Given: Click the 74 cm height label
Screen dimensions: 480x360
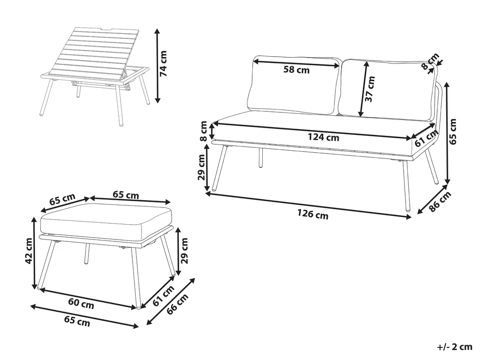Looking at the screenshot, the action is click(163, 63).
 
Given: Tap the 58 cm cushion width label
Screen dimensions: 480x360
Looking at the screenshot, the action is click(296, 70).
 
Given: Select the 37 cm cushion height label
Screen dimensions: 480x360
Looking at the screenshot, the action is click(370, 89).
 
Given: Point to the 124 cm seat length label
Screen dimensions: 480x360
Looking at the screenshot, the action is click(323, 137).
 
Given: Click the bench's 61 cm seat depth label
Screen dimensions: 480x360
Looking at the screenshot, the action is click(427, 138).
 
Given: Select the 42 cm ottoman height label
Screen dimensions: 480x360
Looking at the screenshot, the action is click(28, 250).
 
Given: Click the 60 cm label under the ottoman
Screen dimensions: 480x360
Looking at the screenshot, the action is click(81, 304).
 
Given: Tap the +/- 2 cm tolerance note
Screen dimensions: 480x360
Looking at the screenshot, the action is click(455, 347).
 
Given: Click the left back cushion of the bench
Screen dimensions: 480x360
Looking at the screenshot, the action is click(295, 85).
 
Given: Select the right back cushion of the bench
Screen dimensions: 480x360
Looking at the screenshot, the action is click(387, 88).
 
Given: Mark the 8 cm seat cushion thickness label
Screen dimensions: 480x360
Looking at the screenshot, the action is click(203, 131).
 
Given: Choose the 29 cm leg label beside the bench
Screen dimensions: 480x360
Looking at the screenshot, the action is click(202, 168).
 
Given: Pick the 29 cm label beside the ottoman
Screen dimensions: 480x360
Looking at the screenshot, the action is click(184, 251).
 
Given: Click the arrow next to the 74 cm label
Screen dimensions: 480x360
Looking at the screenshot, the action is click(157, 65).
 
